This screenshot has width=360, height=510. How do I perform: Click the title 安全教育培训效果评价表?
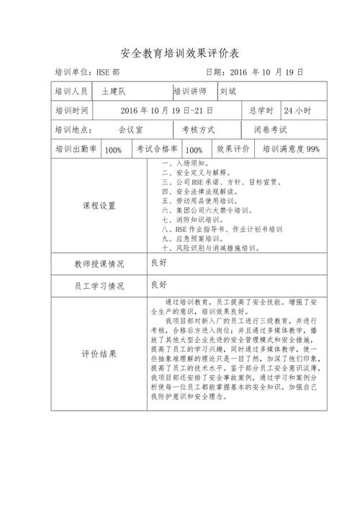point(179,54)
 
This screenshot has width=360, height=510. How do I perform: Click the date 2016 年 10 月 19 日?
point(255,73)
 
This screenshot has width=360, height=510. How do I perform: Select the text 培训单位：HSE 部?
point(87,73)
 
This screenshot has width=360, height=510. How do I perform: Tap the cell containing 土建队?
point(114,92)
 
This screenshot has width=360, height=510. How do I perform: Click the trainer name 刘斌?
point(228,92)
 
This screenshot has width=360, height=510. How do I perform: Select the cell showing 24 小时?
point(297,111)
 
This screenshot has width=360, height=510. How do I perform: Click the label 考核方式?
point(198,130)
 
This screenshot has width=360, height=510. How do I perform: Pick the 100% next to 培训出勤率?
point(113,150)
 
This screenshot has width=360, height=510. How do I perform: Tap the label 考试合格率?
point(157,149)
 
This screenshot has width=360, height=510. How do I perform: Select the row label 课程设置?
point(99,205)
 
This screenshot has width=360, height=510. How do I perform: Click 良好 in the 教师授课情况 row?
point(158,263)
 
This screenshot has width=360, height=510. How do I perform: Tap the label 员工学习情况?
point(99,285)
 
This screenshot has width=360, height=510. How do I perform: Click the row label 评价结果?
point(99,354)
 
